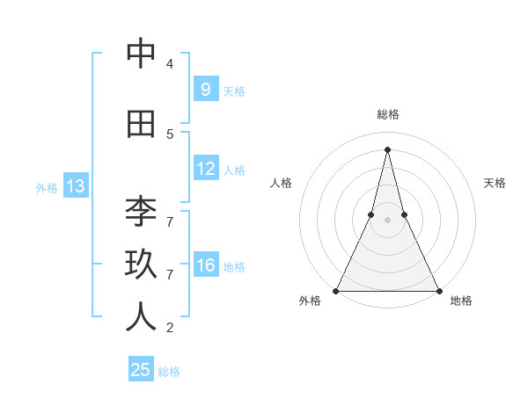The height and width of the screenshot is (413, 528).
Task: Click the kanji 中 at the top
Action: click(141, 54)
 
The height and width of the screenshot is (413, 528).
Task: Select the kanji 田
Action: click(141, 125)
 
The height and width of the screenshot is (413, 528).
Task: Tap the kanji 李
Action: click(141, 212)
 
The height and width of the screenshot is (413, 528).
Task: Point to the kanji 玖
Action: click(141, 264)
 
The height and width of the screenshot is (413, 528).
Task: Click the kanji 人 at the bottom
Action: click(141, 317)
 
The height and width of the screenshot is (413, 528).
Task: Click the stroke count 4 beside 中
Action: click(170, 64)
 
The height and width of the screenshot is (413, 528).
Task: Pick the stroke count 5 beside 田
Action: click(170, 134)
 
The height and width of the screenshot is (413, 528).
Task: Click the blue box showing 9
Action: click(206, 89)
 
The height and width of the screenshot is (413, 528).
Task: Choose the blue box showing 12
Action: click(206, 169)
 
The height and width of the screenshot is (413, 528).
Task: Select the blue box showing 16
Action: click(206, 265)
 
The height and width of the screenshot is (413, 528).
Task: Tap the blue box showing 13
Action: click(75, 186)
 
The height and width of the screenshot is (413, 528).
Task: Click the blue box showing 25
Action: click(141, 370)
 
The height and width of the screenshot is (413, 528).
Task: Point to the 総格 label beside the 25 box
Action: click(169, 372)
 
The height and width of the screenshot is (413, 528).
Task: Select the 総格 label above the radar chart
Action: click(387, 114)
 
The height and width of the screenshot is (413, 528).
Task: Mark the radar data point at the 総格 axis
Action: click(387, 148)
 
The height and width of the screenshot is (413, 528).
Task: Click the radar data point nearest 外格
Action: click(336, 290)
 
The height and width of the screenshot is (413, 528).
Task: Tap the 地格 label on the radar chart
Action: click(461, 301)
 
